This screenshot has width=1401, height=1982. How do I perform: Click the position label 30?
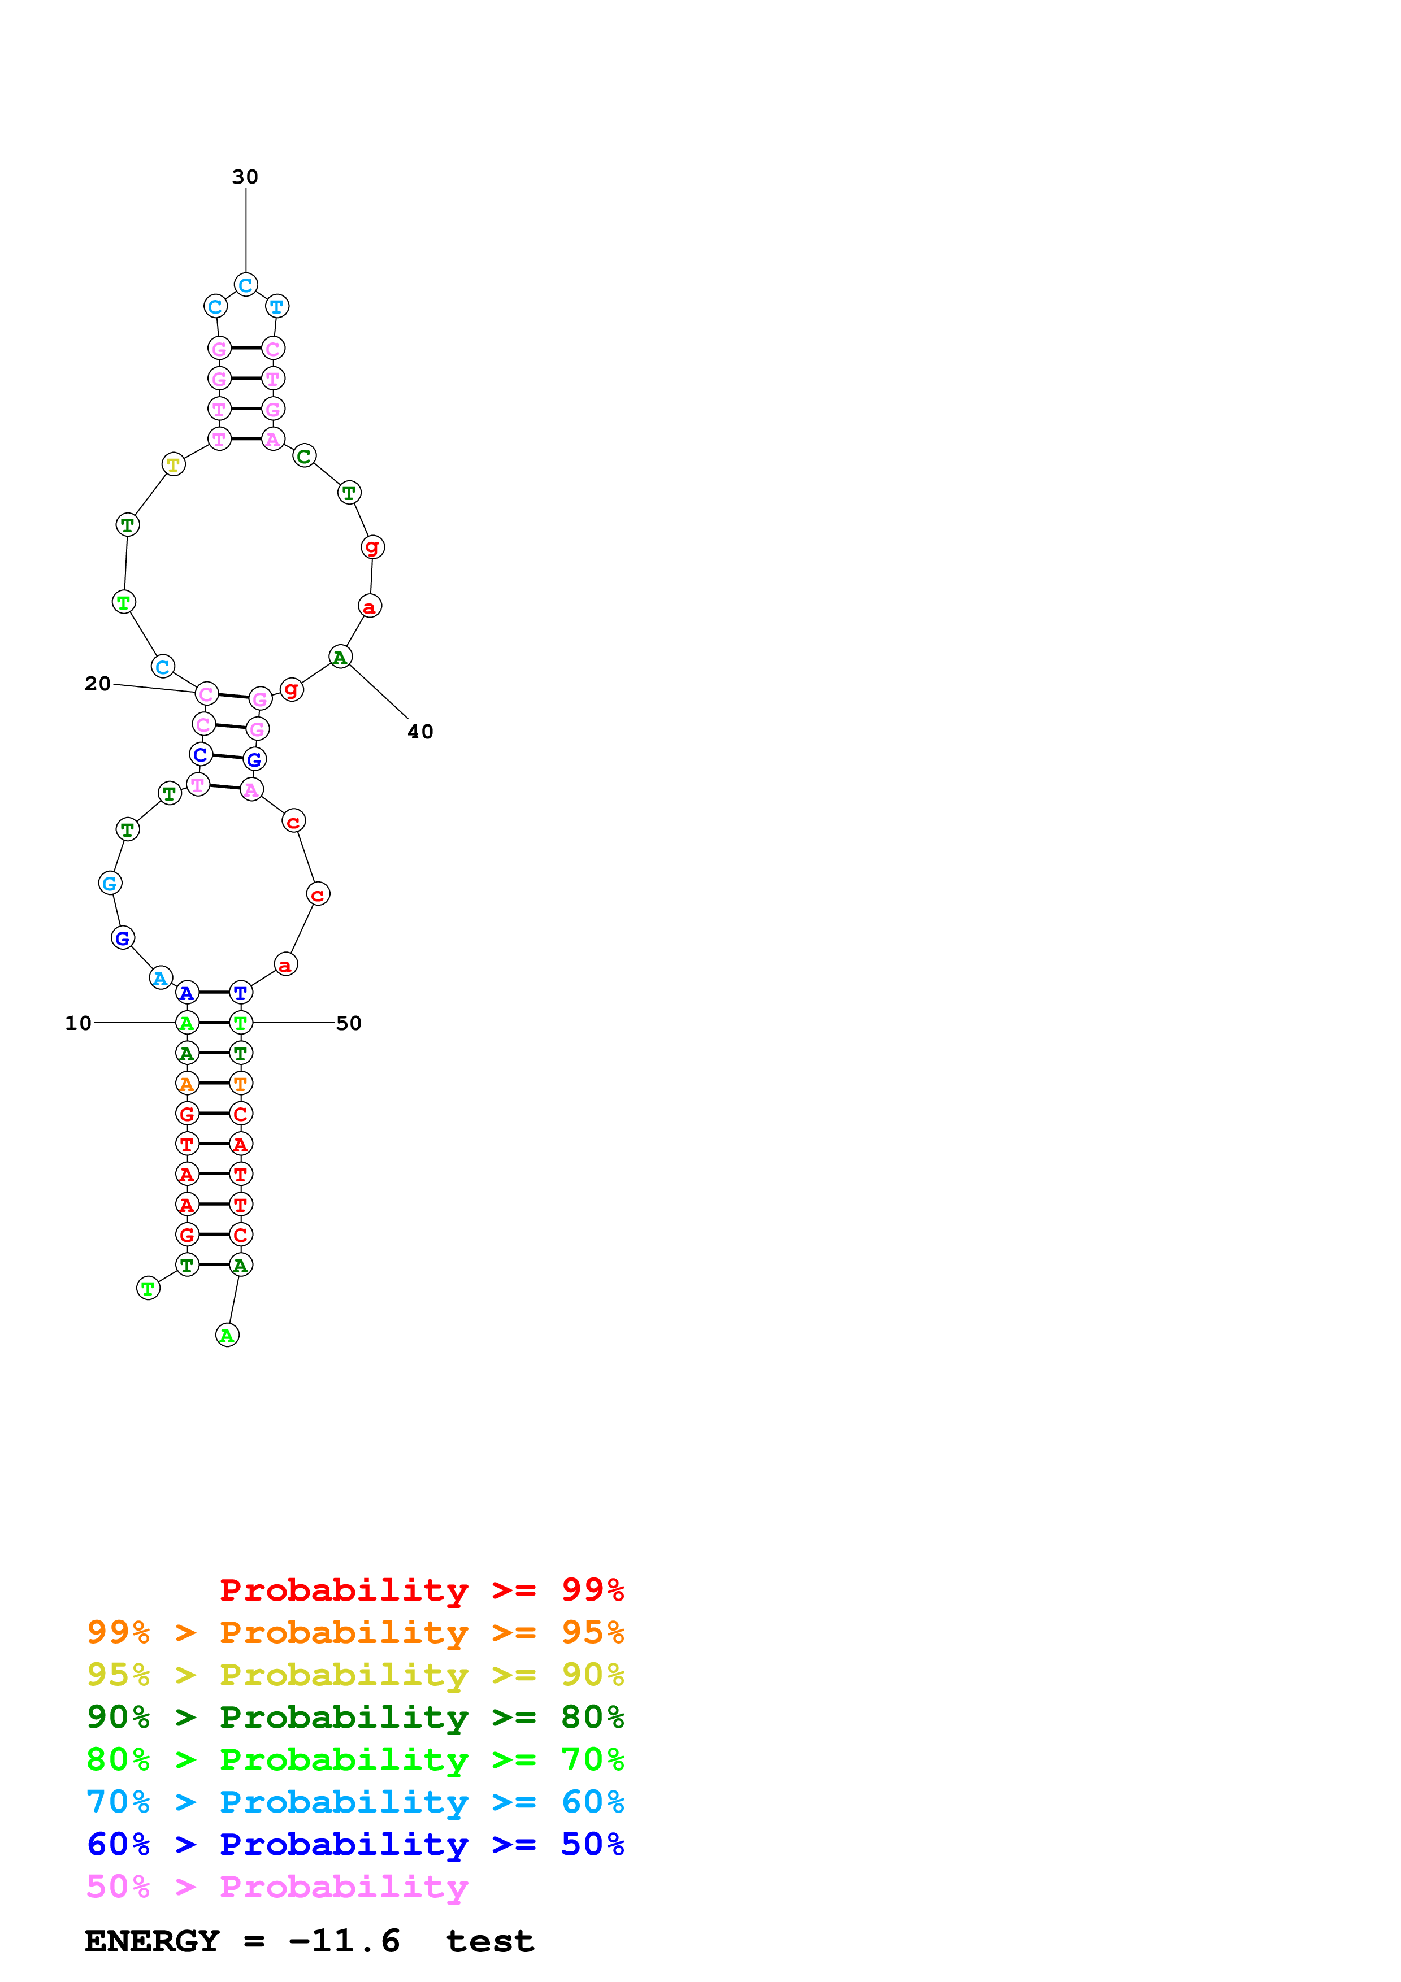(x=245, y=177)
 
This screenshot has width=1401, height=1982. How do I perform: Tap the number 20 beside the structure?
(x=98, y=684)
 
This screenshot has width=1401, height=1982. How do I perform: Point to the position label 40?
(x=420, y=732)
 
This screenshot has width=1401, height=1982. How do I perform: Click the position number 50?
(x=348, y=1023)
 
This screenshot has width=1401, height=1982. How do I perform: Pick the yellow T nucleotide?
(x=174, y=464)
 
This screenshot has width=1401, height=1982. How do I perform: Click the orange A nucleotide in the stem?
(x=186, y=1083)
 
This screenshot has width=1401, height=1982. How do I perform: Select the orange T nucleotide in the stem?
(x=241, y=1083)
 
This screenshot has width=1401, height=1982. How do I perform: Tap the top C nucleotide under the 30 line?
(x=245, y=285)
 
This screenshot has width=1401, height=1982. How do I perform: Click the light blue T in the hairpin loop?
(x=276, y=306)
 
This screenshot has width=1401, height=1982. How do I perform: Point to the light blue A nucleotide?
(x=161, y=978)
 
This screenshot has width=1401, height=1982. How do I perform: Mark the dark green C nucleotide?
(x=304, y=456)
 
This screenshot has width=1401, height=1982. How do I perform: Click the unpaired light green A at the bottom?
(x=227, y=1336)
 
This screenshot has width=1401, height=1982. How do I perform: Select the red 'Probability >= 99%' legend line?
(x=421, y=1589)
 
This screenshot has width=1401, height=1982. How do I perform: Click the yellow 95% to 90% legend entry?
(x=355, y=1674)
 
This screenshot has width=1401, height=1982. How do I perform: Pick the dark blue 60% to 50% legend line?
(x=355, y=1844)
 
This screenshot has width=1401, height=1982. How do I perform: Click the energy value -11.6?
(x=344, y=1941)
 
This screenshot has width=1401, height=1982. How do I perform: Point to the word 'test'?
(x=489, y=1941)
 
